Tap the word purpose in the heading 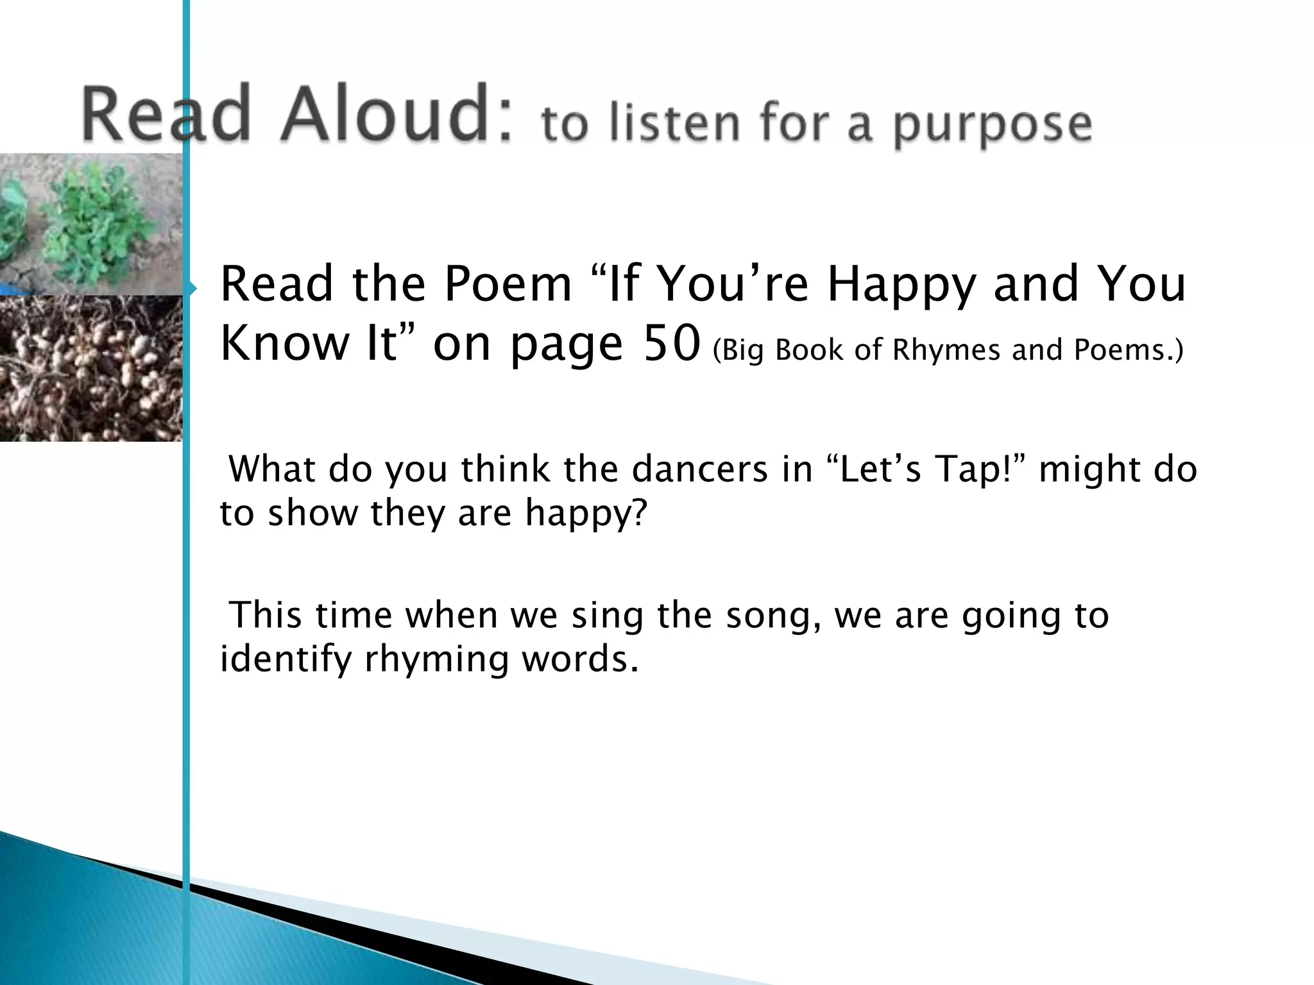993,126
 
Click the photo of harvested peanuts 90,368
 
